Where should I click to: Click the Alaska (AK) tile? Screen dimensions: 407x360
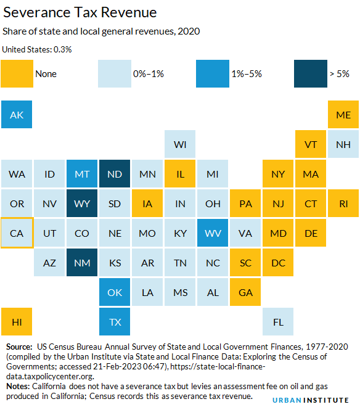click(x=17, y=115)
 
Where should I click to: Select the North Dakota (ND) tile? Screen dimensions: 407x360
click(x=115, y=175)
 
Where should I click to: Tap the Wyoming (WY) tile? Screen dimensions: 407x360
click(x=82, y=203)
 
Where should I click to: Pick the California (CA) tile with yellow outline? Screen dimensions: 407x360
click(x=17, y=233)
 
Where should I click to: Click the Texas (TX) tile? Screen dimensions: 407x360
click(x=115, y=321)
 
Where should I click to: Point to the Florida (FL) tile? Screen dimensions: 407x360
click(x=278, y=321)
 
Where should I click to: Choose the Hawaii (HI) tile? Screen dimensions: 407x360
click(x=17, y=321)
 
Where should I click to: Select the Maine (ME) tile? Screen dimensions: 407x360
click(x=343, y=115)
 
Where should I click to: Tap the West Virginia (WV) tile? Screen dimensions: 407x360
click(x=213, y=233)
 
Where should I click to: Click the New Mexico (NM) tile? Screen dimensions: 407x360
click(x=82, y=263)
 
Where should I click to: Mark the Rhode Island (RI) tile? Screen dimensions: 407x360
click(x=343, y=203)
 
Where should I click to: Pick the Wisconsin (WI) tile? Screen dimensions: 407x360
click(x=180, y=145)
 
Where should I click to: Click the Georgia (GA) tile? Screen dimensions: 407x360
click(x=245, y=292)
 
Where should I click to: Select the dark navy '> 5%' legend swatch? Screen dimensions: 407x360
click(x=311, y=73)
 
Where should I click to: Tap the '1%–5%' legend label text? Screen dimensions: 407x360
click(x=247, y=74)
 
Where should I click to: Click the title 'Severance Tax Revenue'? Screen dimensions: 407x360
click(x=80, y=12)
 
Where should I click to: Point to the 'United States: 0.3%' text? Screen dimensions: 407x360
click(x=36, y=49)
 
